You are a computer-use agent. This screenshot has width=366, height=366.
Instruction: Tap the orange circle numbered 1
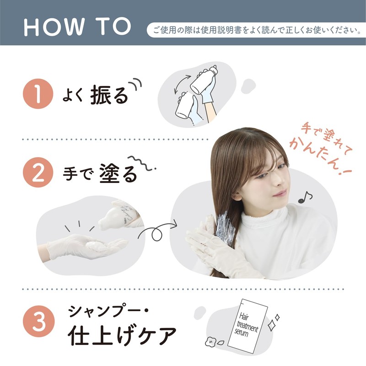coord(38,94)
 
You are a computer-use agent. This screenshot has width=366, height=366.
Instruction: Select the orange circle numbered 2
coord(38,172)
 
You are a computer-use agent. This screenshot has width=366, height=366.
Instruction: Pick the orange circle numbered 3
coord(39,321)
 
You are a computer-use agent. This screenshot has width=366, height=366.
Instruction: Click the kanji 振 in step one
coord(100,95)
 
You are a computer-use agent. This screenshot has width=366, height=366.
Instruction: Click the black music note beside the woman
coord(305,198)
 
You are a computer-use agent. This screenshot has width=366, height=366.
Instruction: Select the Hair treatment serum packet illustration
coord(248,326)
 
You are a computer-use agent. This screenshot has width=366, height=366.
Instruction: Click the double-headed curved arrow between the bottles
coord(181,84)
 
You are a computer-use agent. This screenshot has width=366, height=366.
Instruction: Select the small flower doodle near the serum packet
coord(210,341)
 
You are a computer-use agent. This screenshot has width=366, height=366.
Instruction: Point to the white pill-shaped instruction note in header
coord(256,30)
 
